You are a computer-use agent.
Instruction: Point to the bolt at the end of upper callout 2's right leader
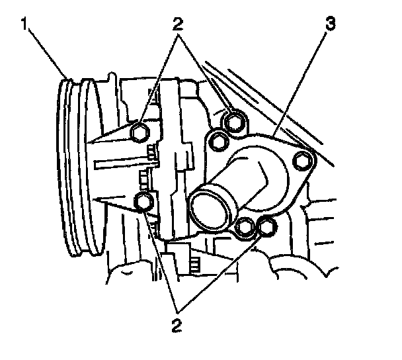click(x=233, y=121)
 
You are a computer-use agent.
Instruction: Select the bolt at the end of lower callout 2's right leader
click(x=266, y=226)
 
